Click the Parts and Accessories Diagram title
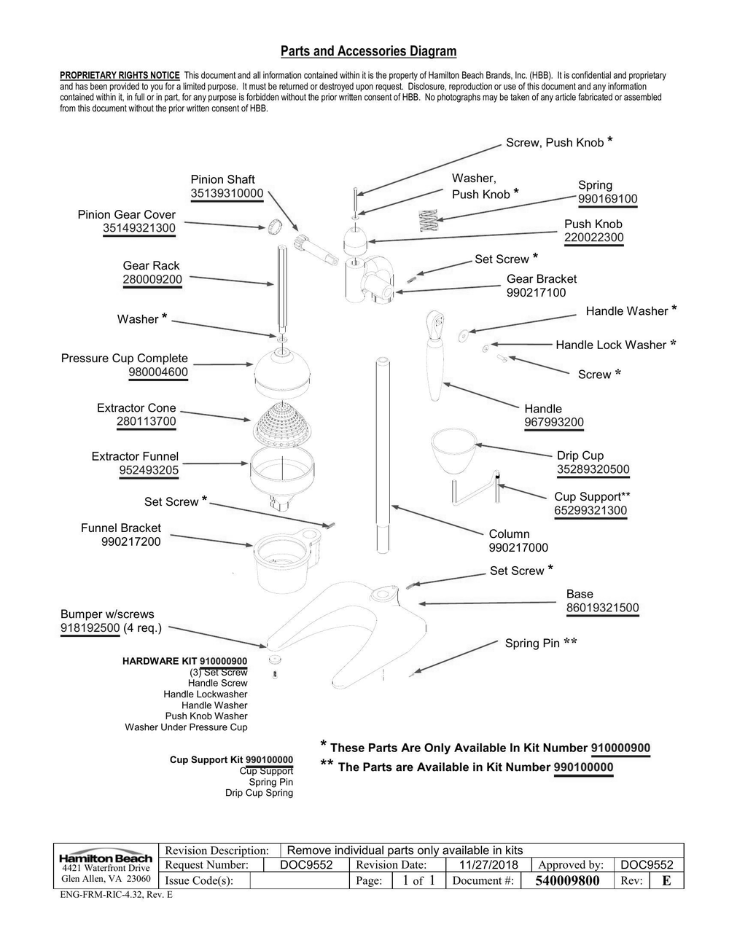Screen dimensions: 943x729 [368, 51]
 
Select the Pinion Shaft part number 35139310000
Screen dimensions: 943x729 [227, 194]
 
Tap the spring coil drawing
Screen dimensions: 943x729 [430, 220]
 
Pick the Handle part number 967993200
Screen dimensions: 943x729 [553, 423]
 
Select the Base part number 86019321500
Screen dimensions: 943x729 [602, 608]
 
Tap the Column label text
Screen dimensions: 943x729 [509, 534]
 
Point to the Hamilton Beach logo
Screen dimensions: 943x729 [106, 858]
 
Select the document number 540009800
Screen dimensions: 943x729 [566, 881]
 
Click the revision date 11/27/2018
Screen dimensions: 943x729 [489, 865]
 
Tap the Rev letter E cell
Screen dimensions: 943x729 [666, 881]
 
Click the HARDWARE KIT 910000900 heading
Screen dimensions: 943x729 [184, 661]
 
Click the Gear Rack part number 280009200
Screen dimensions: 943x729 [152, 279]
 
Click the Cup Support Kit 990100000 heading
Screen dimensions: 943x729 [231, 760]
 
